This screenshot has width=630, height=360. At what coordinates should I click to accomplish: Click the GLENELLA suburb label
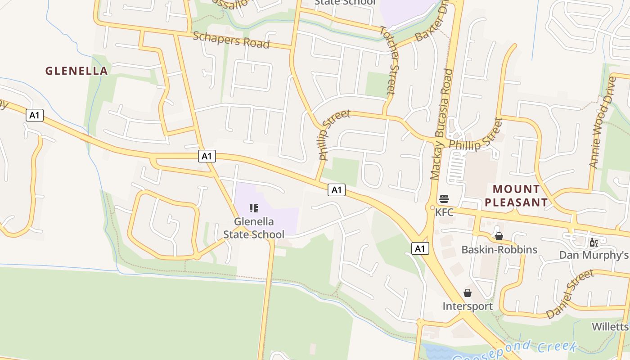76,71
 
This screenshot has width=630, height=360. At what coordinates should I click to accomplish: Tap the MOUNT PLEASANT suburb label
516,195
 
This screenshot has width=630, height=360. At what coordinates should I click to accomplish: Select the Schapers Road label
231,40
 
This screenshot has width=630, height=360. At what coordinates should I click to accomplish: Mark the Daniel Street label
570,294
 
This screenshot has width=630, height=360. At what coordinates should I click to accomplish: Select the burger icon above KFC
444,199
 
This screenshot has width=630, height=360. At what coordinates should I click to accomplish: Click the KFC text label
444,211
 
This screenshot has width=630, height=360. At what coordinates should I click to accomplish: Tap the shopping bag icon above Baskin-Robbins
499,236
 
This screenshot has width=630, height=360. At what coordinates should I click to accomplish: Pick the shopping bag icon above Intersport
468,293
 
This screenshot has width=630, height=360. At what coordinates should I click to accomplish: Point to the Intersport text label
468,306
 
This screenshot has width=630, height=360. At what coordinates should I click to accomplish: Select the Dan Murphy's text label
594,255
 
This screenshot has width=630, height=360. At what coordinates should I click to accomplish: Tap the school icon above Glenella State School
254,208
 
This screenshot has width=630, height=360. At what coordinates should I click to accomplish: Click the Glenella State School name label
254,228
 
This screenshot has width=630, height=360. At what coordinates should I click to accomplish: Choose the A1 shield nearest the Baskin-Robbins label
420,248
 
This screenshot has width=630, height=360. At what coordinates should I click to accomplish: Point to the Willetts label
610,326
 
